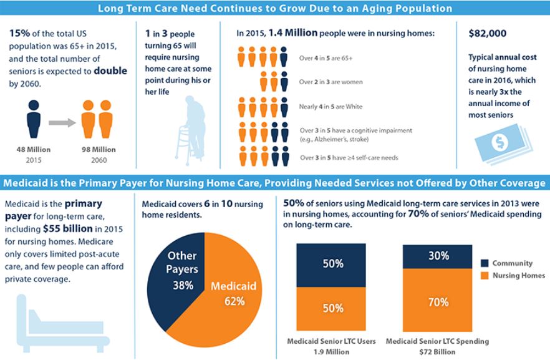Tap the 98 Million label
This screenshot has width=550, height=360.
tap(98, 150)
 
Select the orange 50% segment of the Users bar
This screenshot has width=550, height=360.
tap(332, 308)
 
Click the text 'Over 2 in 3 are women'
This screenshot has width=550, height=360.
tap(330, 82)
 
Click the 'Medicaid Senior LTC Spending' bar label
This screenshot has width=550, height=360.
tap(437, 341)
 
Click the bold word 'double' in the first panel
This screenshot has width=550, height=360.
tap(110, 71)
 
